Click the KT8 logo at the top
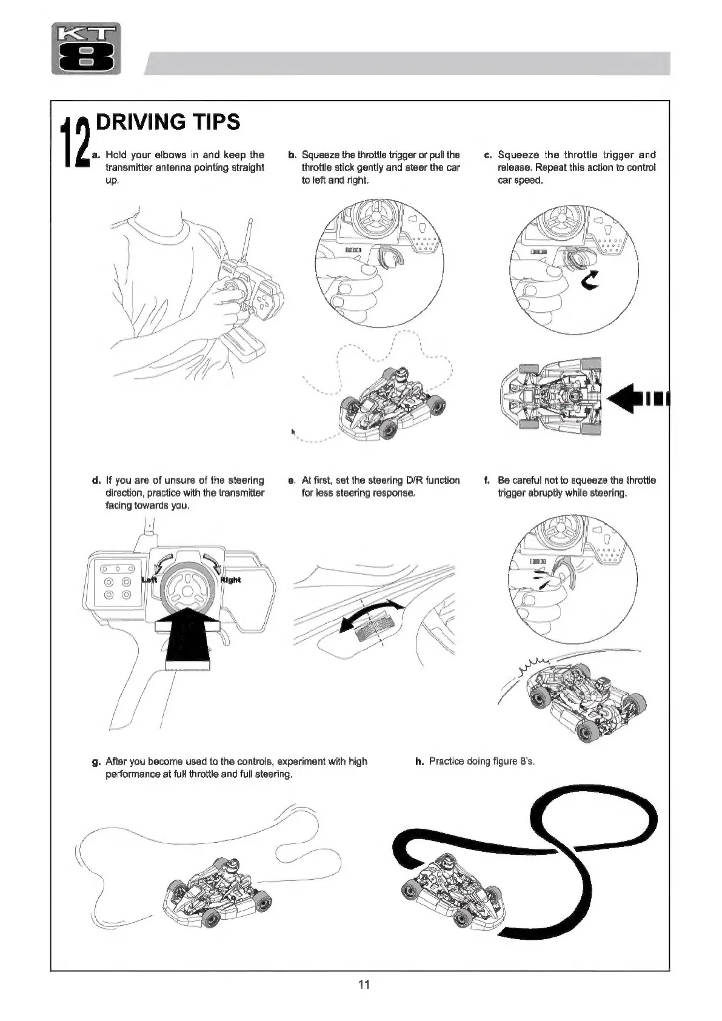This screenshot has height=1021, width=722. click(x=86, y=49)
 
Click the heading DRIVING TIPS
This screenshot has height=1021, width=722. click(x=168, y=122)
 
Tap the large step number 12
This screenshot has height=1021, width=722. click(x=75, y=142)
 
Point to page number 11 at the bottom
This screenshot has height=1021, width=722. click(x=364, y=985)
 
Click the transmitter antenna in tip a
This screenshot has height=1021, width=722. click(x=246, y=239)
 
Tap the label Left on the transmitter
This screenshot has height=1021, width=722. click(x=149, y=580)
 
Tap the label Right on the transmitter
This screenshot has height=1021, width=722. click(x=230, y=580)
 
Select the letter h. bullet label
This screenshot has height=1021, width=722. click(x=419, y=762)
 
